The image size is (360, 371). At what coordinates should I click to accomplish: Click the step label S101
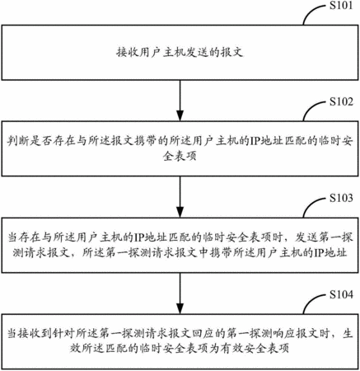[x=341, y=6]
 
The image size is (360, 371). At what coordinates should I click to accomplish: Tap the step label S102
[x=341, y=101]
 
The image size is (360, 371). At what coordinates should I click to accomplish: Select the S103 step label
[x=341, y=198]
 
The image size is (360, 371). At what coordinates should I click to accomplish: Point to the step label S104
[x=341, y=294]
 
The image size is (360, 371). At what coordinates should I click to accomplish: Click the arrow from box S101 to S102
[x=180, y=101]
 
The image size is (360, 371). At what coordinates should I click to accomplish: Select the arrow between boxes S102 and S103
[x=180, y=197]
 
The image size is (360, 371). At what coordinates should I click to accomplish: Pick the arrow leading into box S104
[x=180, y=294]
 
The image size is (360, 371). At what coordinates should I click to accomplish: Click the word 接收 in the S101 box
[x=128, y=52]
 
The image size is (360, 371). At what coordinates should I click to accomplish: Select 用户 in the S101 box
[x=150, y=52]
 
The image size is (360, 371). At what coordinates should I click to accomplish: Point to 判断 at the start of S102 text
[x=18, y=141]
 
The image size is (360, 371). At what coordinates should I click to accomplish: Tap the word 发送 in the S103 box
[x=306, y=237]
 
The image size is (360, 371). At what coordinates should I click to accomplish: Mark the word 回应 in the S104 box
[x=203, y=334]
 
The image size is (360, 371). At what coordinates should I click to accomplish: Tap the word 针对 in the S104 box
[x=63, y=334]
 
